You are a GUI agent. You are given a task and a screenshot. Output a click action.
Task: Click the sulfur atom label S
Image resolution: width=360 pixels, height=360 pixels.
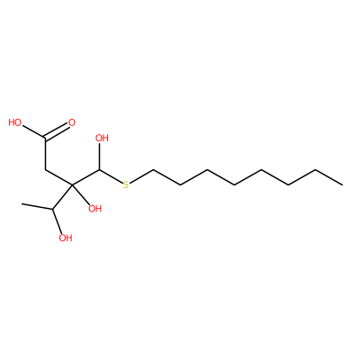(x=126, y=184)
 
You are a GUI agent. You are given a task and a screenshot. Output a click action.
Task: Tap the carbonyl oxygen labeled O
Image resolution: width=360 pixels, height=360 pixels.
(x=72, y=122)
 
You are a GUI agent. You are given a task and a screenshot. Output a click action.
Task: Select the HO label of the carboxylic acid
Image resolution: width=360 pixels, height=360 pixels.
(x=15, y=122)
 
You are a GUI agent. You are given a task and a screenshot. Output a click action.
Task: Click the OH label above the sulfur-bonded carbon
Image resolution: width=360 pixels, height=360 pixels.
(x=102, y=138)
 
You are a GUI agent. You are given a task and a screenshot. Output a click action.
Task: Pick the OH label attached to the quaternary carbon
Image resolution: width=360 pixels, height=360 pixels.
(x=95, y=209)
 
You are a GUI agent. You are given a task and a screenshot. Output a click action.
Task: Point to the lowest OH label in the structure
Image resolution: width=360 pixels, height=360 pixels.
(x=66, y=238)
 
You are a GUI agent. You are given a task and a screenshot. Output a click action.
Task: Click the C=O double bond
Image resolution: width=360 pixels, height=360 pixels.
(x=57, y=131)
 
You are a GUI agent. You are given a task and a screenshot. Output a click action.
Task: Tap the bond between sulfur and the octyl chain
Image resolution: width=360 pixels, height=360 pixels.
(x=141, y=176)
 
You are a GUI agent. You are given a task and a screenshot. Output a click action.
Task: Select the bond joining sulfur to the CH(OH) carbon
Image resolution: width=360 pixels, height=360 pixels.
(x=111, y=176)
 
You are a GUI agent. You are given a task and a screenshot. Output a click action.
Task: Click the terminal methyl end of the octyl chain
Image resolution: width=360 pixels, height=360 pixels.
(x=342, y=184)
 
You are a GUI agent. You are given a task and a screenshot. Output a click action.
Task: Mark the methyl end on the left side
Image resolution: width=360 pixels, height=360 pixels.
(x=22, y=204)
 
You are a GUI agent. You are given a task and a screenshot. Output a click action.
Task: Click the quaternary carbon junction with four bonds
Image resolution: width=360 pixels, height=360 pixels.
(x=72, y=184)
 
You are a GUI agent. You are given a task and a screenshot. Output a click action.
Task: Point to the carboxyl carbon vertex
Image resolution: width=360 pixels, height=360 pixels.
(x=45, y=139)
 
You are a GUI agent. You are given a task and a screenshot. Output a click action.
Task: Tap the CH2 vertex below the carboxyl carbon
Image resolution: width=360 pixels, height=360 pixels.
(x=45, y=169)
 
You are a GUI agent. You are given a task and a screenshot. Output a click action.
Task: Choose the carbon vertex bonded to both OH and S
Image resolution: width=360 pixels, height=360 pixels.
(x=100, y=170)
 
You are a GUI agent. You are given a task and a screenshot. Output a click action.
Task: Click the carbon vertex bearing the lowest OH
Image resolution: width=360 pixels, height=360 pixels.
(x=53, y=209)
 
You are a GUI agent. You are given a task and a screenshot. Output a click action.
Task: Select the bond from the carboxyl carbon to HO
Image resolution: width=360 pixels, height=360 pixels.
(x=34, y=132)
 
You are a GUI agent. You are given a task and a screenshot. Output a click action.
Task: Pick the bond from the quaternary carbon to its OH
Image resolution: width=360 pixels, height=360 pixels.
(x=82, y=194)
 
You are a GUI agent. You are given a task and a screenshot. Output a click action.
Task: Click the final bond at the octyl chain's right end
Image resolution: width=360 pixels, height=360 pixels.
(x=328, y=177)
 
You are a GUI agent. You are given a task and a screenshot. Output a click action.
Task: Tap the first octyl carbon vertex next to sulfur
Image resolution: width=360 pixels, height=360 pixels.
(x=153, y=170)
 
